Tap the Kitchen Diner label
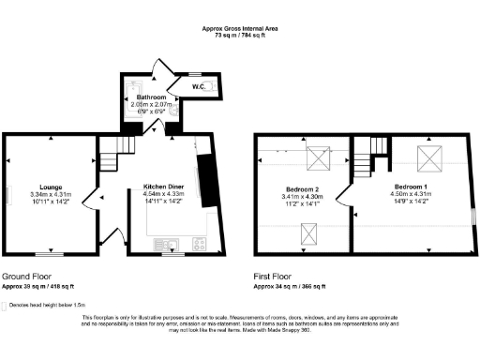162,187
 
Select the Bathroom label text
151,97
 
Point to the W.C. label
199,87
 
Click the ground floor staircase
114,150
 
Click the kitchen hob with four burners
200,244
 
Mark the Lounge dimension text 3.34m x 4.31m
44,194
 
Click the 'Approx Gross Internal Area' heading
239,28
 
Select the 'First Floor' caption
273,277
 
